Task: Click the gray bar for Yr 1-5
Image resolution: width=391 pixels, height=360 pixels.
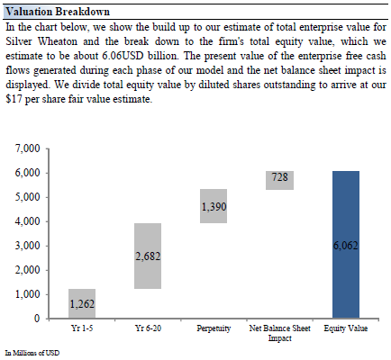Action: click(82, 303)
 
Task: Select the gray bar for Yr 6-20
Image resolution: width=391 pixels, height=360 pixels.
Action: click(148, 256)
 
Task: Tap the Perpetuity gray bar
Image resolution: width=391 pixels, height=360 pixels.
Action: click(214, 206)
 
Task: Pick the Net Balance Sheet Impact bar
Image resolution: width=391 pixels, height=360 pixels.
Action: click(280, 180)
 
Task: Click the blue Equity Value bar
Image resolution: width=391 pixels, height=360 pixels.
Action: click(346, 245)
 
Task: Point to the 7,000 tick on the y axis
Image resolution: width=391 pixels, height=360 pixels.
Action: click(27, 148)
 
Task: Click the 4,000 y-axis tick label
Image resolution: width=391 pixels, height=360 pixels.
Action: click(27, 221)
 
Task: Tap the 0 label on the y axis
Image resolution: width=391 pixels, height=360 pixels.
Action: click(37, 318)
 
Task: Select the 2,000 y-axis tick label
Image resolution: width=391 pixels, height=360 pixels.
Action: click(27, 270)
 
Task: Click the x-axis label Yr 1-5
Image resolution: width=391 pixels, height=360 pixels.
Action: click(82, 328)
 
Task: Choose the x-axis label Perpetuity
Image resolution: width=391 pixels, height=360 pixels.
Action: click(214, 328)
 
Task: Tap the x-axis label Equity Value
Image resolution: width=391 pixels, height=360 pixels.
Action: click(346, 328)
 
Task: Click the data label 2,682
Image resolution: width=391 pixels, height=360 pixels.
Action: click(148, 256)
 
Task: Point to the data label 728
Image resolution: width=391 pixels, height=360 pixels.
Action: click(280, 177)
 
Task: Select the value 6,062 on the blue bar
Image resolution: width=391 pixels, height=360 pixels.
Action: click(346, 246)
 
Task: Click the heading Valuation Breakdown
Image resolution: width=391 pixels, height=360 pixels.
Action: click(58, 12)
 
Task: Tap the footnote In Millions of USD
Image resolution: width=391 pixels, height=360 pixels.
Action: click(32, 353)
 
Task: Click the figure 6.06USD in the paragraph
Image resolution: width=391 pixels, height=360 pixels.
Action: click(123, 56)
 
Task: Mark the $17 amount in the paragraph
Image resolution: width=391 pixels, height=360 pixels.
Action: click(14, 99)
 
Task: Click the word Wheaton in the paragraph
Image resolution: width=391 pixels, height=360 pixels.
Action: click(58, 41)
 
